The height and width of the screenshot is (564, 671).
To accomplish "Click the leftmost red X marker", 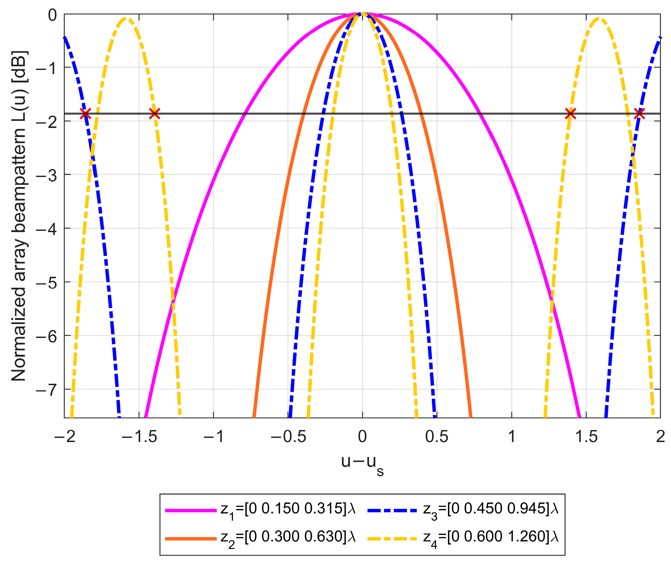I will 85,114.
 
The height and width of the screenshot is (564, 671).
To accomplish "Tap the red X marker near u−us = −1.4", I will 155,114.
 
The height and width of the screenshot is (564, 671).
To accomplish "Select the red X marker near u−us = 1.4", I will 570,114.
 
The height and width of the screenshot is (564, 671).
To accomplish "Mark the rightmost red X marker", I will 640,114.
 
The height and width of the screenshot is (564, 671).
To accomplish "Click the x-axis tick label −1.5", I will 139,437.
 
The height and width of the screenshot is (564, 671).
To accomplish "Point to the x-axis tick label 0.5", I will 437,437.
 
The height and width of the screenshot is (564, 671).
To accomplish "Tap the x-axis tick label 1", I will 512,437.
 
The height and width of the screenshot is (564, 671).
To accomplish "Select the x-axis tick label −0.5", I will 288,437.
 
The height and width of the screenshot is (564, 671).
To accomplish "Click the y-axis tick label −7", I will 47,390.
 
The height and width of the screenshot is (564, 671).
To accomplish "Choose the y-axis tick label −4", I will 47,229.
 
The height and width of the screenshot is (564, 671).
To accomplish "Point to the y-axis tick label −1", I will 47,67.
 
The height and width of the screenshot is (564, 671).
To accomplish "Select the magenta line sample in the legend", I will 191,511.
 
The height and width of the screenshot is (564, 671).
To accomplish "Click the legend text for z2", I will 288,537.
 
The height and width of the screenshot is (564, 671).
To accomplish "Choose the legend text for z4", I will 491,537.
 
